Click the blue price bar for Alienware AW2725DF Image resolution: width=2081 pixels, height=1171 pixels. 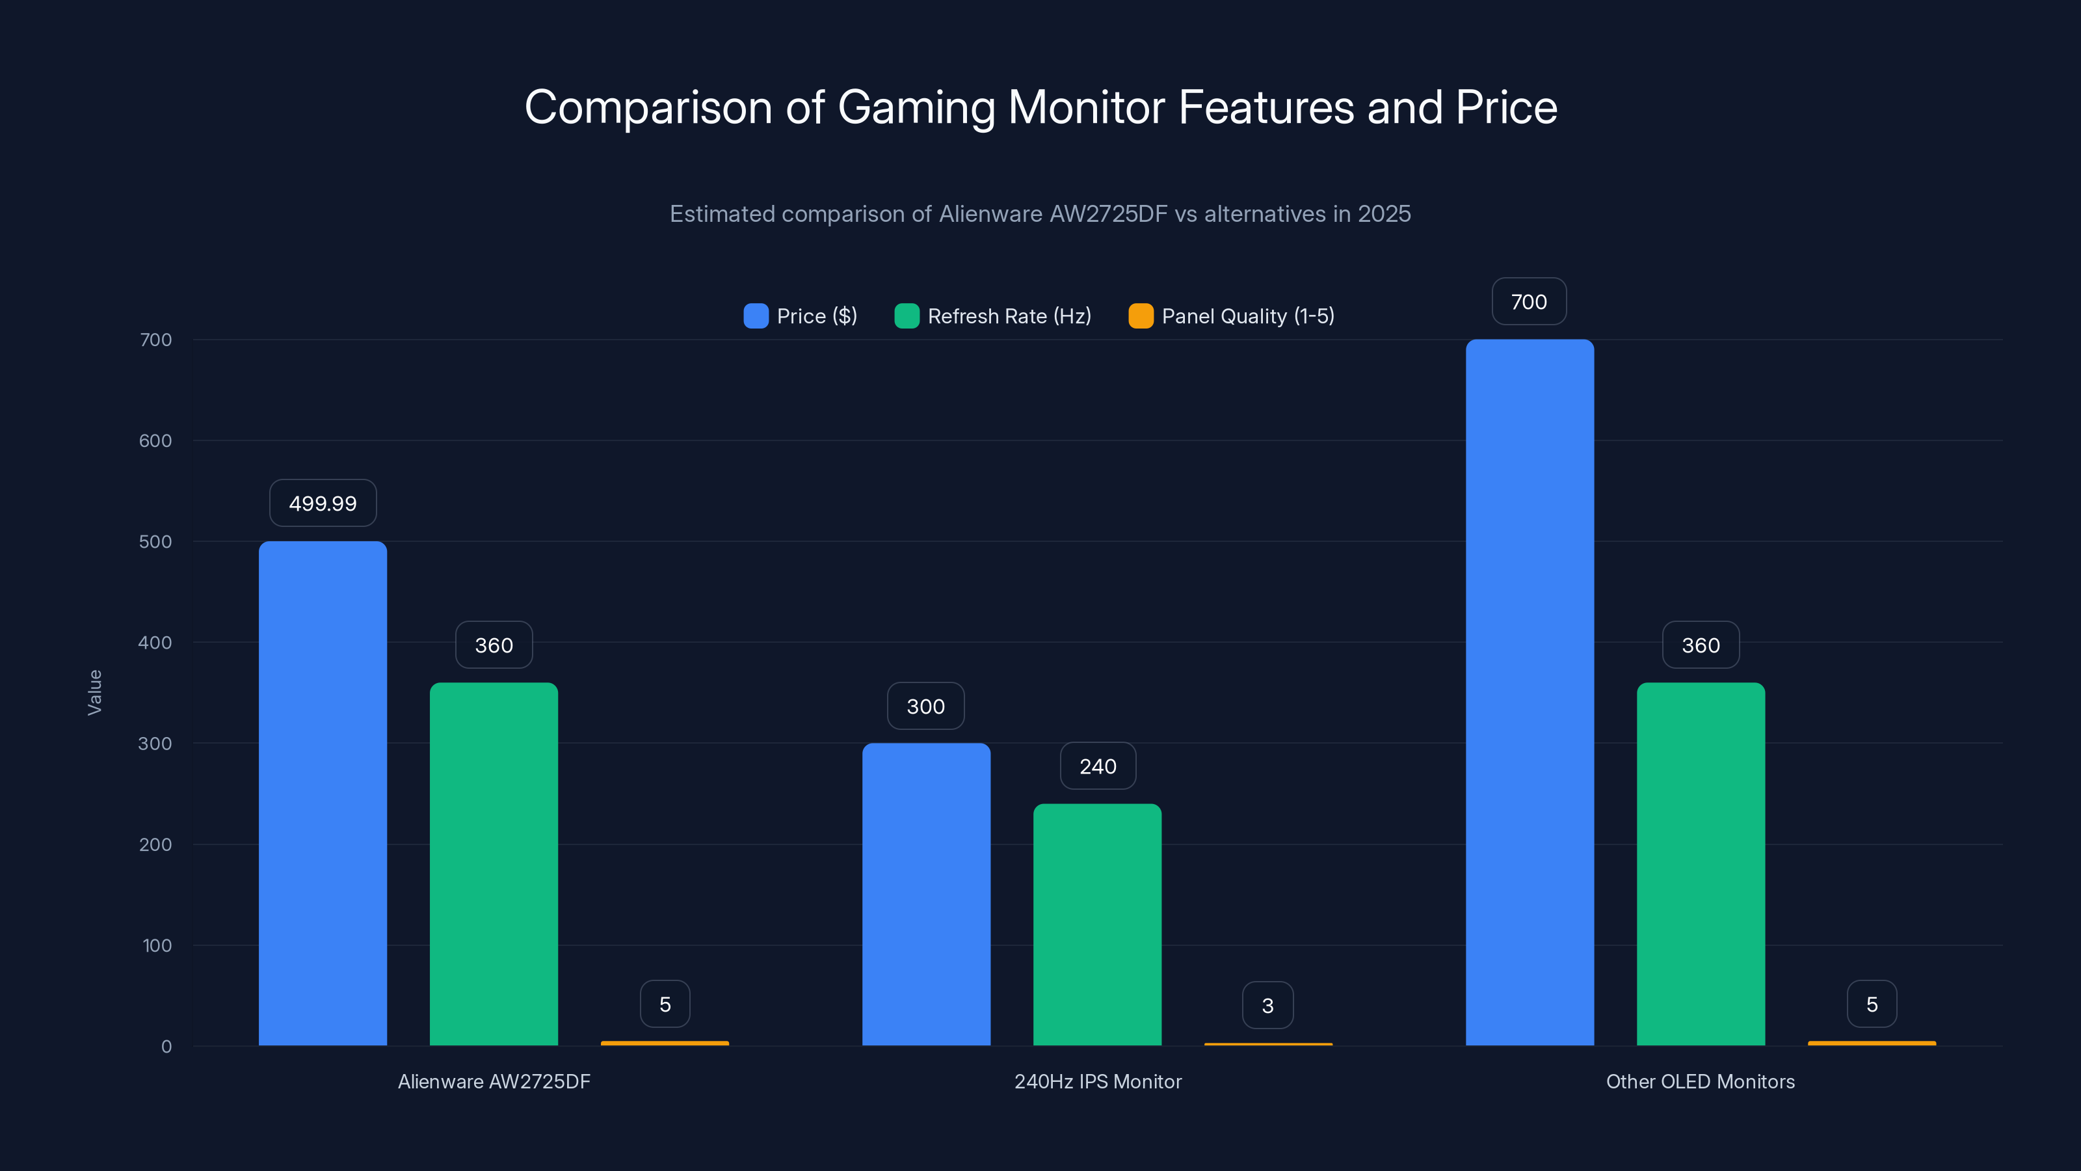pos(323,792)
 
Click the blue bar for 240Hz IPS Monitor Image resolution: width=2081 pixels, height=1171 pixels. pos(926,893)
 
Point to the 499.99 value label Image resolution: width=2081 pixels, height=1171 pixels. pos(323,504)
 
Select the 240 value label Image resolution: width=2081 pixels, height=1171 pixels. pos(1097,766)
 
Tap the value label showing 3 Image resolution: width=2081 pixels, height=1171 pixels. pos(1267,1005)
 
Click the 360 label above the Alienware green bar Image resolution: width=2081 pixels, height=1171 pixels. pos(494,645)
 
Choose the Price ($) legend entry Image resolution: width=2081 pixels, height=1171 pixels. pos(801,316)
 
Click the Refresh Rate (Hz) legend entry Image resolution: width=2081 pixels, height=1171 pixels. pos(993,316)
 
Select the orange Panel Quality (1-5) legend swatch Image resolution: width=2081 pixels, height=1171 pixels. pos(1141,316)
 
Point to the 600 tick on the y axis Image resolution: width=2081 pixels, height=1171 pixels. pos(155,440)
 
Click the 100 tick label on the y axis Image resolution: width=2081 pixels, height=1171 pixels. pos(157,945)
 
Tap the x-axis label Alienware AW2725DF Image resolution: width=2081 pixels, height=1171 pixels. pos(494,1081)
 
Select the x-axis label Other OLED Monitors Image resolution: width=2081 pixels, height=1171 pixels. pos(1700,1081)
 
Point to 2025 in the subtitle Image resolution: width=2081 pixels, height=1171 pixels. pos(1384,214)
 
